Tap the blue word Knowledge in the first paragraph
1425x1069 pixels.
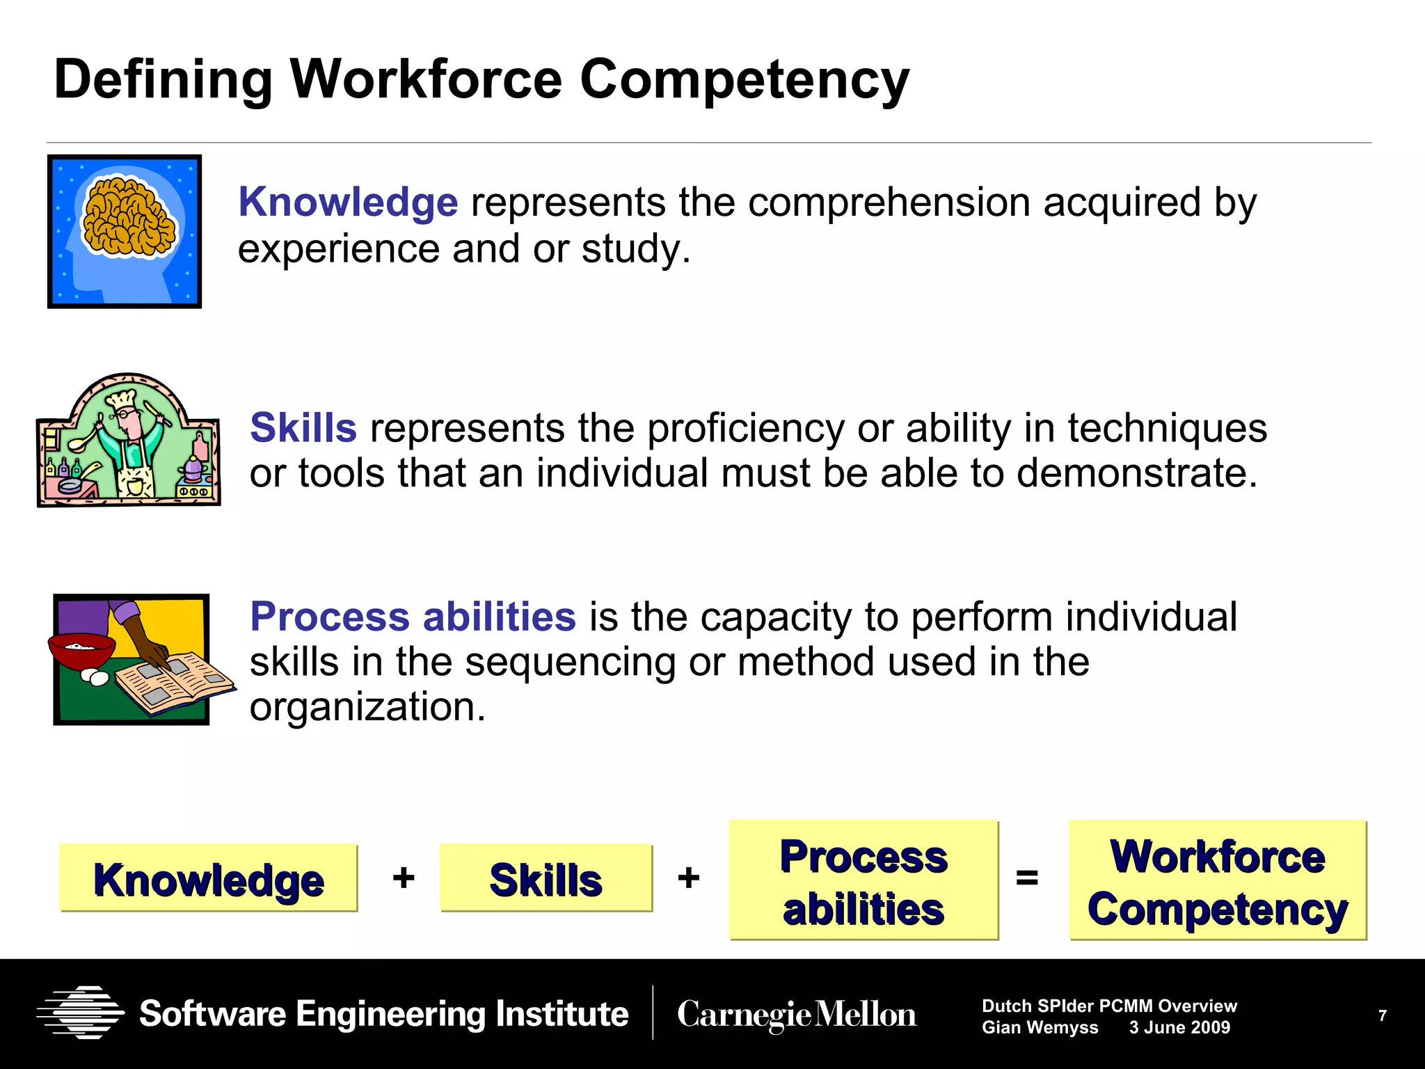348,203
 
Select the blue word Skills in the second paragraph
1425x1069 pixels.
303,427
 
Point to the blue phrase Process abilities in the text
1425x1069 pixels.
413,617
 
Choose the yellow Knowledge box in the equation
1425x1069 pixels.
209,878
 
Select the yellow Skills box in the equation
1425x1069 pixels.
546,878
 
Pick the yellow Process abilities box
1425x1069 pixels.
863,880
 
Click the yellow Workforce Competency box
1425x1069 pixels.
1218,880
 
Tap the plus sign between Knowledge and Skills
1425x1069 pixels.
404,878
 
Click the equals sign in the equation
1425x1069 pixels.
1027,878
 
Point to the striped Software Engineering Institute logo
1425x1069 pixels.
81,1013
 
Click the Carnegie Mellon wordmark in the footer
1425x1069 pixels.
797,1015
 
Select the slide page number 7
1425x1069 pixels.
1383,1015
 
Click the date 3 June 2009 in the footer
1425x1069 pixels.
1179,1027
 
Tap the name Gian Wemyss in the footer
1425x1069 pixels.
1040,1027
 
